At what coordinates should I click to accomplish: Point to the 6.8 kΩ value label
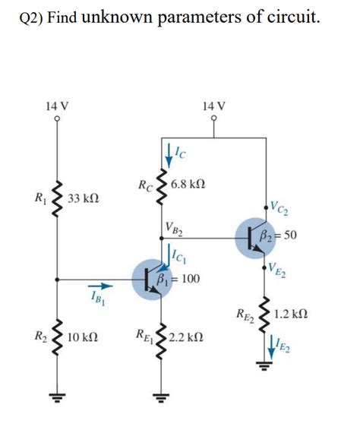189,185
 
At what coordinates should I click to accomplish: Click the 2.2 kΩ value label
187,336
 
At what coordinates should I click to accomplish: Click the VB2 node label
172,226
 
